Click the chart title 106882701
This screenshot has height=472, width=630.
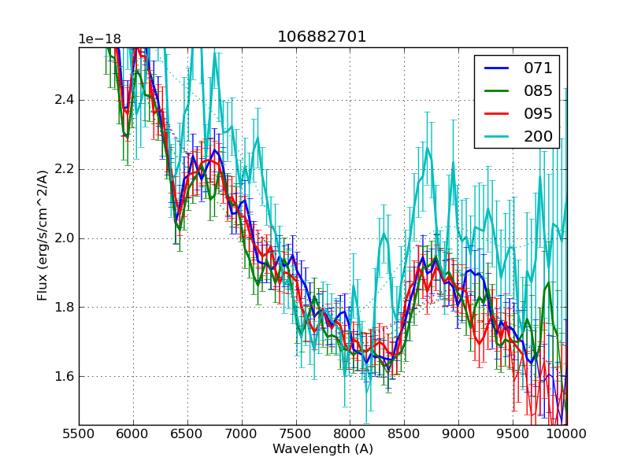[322, 37]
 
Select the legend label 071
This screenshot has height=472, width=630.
[538, 68]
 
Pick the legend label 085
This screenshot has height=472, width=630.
[538, 90]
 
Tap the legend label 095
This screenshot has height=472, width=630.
[538, 113]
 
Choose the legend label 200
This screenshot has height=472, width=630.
[538, 136]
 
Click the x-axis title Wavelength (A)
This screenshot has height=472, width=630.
[323, 449]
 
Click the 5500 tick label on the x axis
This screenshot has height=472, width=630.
[79, 433]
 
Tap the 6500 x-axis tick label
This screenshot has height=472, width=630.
[187, 433]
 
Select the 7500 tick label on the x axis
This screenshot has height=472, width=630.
[296, 433]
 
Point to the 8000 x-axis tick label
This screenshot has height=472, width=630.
[350, 433]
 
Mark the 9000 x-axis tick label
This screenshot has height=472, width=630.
[458, 433]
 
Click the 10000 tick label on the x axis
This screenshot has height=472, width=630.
[566, 433]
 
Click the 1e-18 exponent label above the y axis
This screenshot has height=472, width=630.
[99, 39]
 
